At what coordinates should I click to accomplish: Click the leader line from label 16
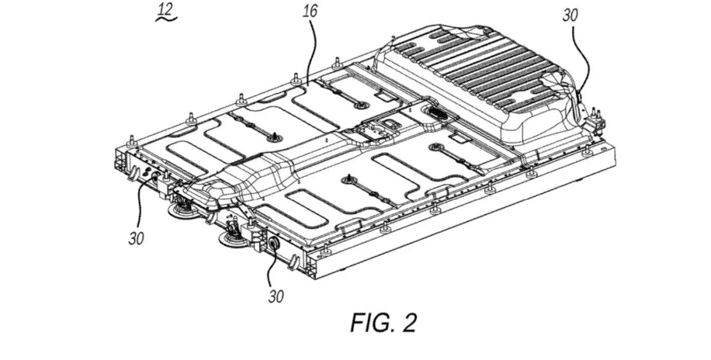[x=310, y=50]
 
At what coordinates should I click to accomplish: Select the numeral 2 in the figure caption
[x=406, y=322]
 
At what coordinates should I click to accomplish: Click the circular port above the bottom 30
[x=273, y=243]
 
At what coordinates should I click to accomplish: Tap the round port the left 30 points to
[x=153, y=178]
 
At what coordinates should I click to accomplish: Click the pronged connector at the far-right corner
[x=595, y=119]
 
